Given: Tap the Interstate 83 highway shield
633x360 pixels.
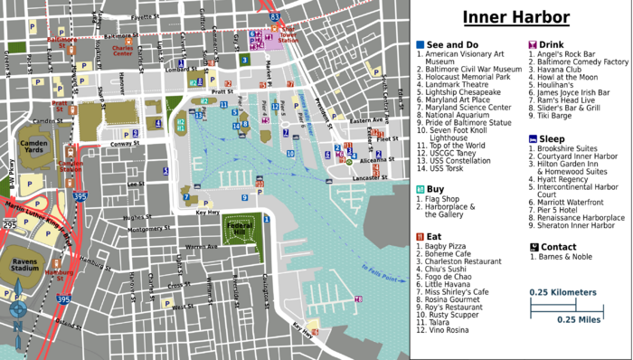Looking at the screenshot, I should point(274,15).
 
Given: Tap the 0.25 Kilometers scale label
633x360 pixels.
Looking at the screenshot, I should point(562,292).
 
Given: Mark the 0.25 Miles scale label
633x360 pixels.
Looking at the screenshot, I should point(579,320).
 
